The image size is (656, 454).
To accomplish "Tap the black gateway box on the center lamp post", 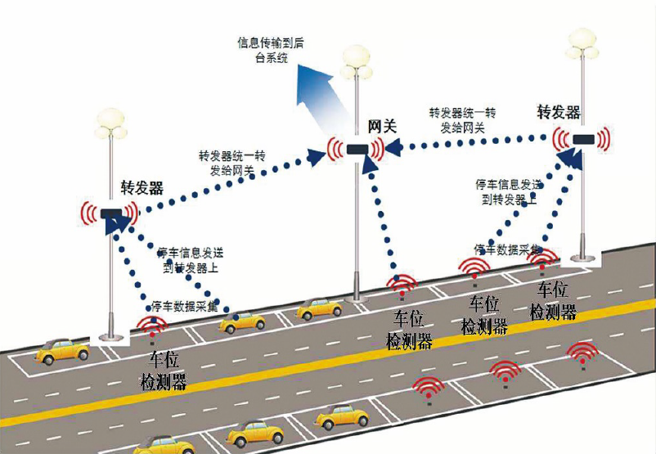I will tap(357, 150).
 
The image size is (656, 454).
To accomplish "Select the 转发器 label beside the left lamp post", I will tap(142, 188).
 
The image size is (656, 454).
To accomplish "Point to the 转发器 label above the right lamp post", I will tap(559, 112).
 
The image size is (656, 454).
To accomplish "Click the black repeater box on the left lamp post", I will tap(110, 214).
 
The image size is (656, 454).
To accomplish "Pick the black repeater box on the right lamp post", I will tap(582, 139).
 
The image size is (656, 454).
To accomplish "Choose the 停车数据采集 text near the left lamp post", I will tap(186, 307).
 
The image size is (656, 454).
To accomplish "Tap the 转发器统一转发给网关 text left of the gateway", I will tap(231, 164).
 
